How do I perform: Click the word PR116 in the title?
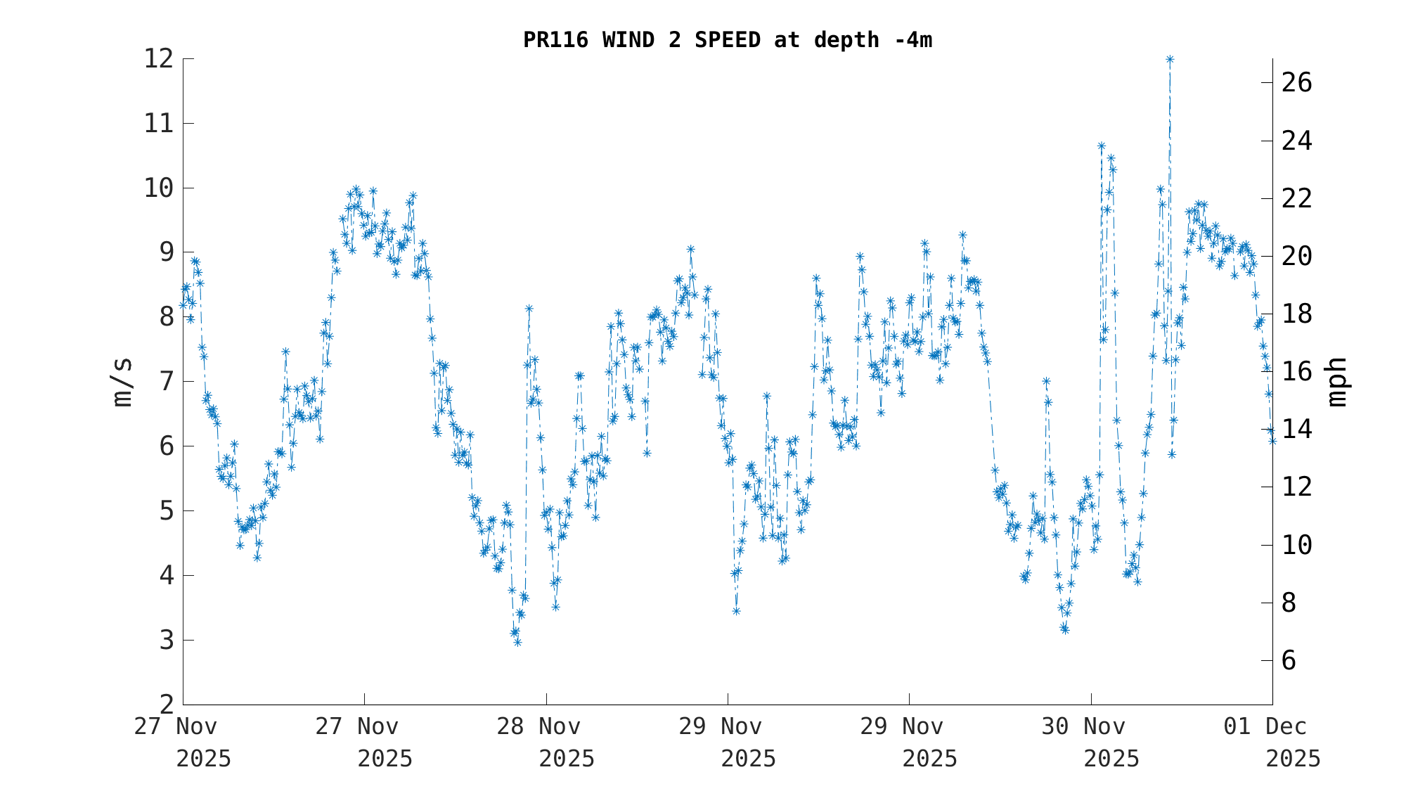pos(555,40)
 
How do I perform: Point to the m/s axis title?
pos(122,382)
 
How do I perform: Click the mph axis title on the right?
pos(1336,382)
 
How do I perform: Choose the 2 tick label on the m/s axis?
pos(166,704)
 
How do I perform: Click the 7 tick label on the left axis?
pos(166,382)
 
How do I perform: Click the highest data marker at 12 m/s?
pos(1170,59)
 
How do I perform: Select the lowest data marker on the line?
pos(517,642)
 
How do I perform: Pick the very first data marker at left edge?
pos(183,305)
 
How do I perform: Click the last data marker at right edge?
pos(1272,440)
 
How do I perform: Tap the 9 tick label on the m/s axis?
pos(166,252)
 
